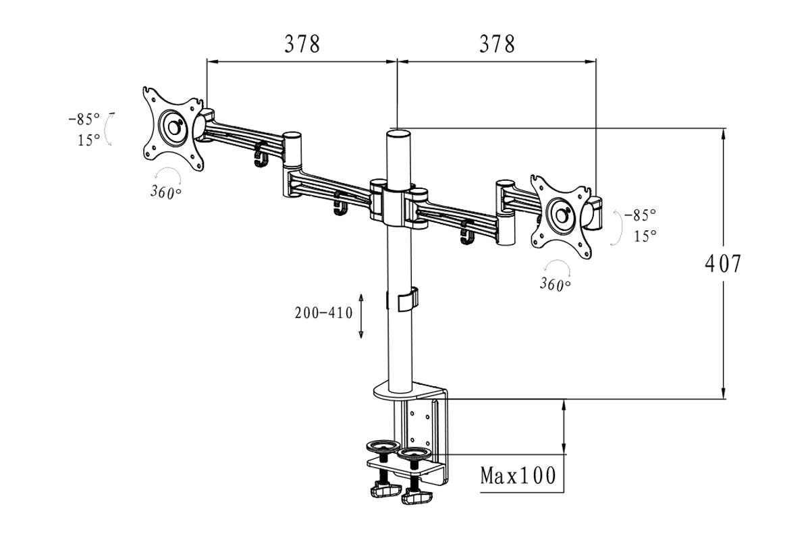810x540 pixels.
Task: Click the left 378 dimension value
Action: (x=302, y=45)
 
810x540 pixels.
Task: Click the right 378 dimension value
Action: (x=497, y=45)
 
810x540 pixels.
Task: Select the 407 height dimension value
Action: (x=723, y=263)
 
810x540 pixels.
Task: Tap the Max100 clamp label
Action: (x=518, y=476)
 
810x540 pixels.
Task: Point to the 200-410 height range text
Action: (x=323, y=313)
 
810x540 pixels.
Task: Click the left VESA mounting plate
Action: (x=173, y=129)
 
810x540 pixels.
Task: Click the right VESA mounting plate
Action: (x=562, y=215)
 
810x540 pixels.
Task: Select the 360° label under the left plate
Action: (x=166, y=192)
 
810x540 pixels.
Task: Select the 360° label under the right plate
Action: (x=555, y=284)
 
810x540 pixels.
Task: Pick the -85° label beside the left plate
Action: (x=84, y=119)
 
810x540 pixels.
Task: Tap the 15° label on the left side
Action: (x=88, y=140)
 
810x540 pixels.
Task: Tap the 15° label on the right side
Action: (x=645, y=236)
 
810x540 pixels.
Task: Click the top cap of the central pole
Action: (x=398, y=132)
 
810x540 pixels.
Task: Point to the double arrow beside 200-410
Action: (x=362, y=315)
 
